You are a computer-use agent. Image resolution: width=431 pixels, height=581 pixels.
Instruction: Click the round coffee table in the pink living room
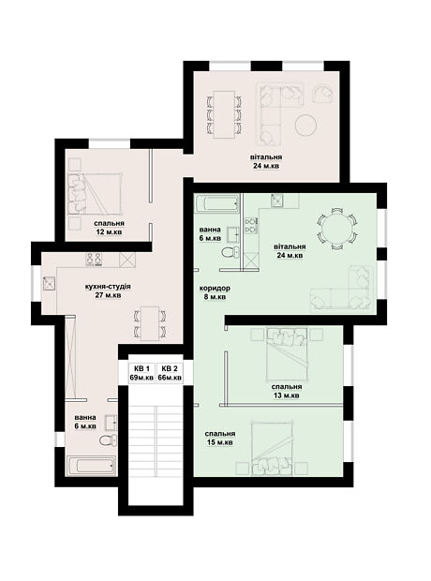[306, 125]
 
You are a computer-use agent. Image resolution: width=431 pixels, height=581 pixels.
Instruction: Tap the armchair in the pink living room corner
[323, 94]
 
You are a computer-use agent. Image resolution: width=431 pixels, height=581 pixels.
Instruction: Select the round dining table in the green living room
[336, 229]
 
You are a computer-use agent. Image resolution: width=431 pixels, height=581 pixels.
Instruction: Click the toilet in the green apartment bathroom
[230, 252]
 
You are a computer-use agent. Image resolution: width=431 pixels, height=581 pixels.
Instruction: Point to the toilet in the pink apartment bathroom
[108, 440]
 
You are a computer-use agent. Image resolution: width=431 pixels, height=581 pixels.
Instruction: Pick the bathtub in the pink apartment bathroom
[91, 466]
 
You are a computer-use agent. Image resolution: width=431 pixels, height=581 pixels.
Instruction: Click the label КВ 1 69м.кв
[141, 373]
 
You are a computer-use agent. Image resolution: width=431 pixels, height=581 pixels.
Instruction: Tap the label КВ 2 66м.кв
[170, 373]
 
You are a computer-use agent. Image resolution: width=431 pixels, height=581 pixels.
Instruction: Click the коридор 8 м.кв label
[215, 292]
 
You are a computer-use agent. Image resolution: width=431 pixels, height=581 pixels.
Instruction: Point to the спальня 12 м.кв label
[109, 228]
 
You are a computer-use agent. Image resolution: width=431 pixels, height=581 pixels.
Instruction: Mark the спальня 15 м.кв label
[220, 438]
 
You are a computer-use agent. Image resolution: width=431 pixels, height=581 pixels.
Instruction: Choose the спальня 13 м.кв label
[287, 391]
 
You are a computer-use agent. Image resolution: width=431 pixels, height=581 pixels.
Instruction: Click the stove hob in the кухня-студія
[94, 260]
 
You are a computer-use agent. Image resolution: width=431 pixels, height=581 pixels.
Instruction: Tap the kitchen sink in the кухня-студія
[49, 283]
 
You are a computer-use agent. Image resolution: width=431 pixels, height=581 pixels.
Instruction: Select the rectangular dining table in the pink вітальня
[224, 114]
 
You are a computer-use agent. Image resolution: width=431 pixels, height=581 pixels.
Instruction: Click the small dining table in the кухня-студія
[150, 323]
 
